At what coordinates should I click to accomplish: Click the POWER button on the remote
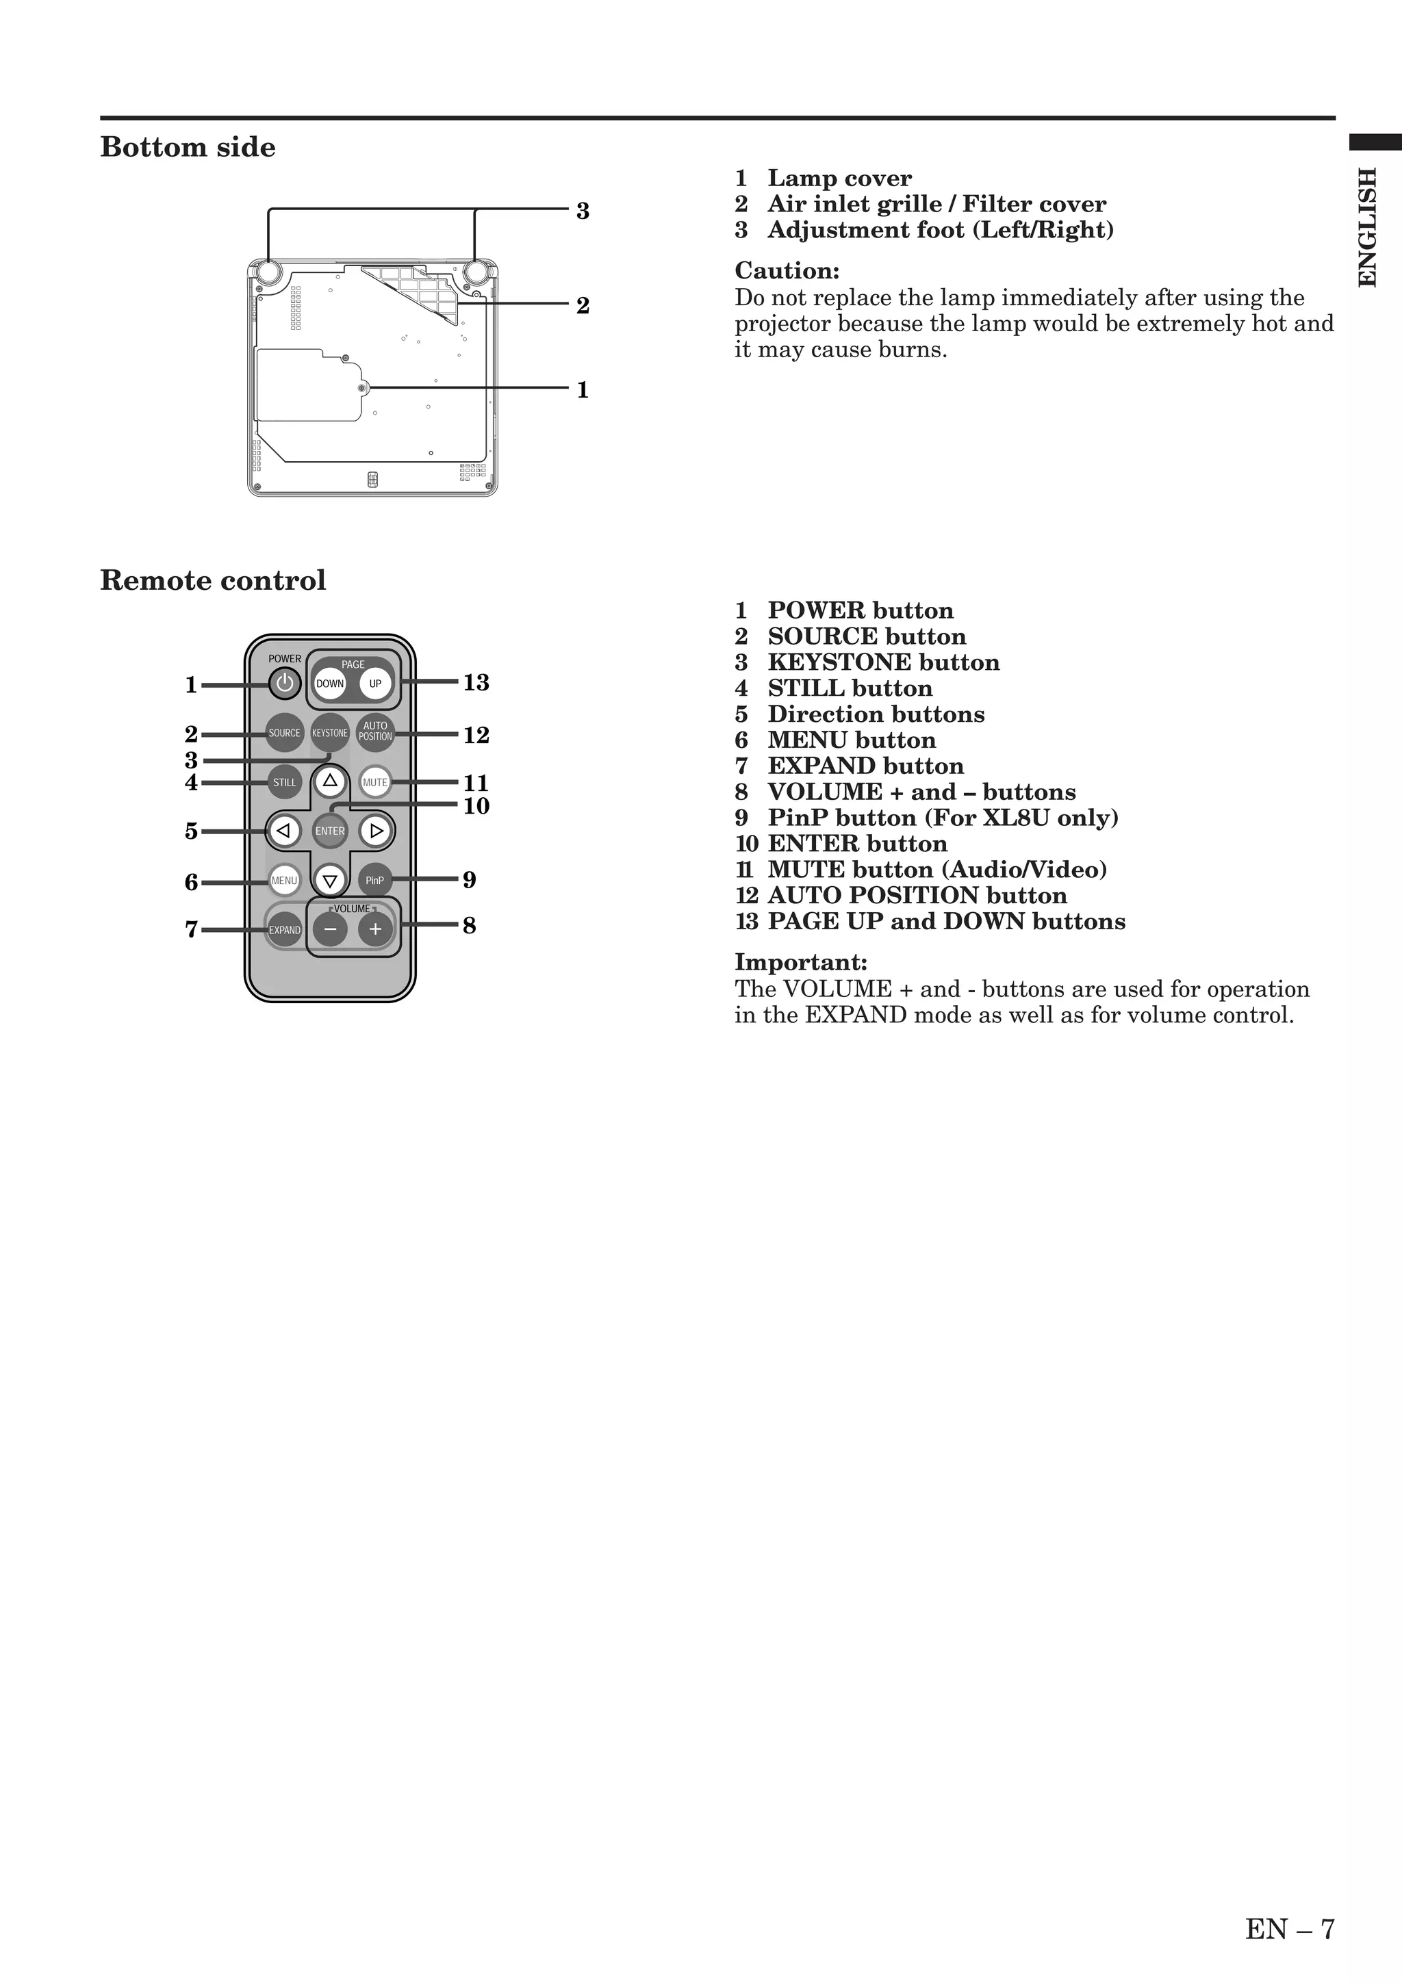pyautogui.click(x=284, y=684)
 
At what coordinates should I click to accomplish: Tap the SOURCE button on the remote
pyautogui.click(x=284, y=734)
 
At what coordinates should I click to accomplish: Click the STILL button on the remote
pyautogui.click(x=284, y=783)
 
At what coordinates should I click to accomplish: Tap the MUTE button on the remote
pyautogui.click(x=375, y=783)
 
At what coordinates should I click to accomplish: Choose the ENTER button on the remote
pyautogui.click(x=330, y=831)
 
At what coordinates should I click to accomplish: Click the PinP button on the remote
pyautogui.click(x=375, y=880)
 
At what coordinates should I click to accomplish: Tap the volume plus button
pyautogui.click(x=375, y=929)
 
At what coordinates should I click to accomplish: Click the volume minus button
pyautogui.click(x=330, y=929)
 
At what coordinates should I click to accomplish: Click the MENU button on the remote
pyautogui.click(x=284, y=880)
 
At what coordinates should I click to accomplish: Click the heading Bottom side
pyautogui.click(x=188, y=148)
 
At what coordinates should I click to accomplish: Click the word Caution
pyautogui.click(x=786, y=271)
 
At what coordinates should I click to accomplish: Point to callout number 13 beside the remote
pyautogui.click(x=476, y=683)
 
